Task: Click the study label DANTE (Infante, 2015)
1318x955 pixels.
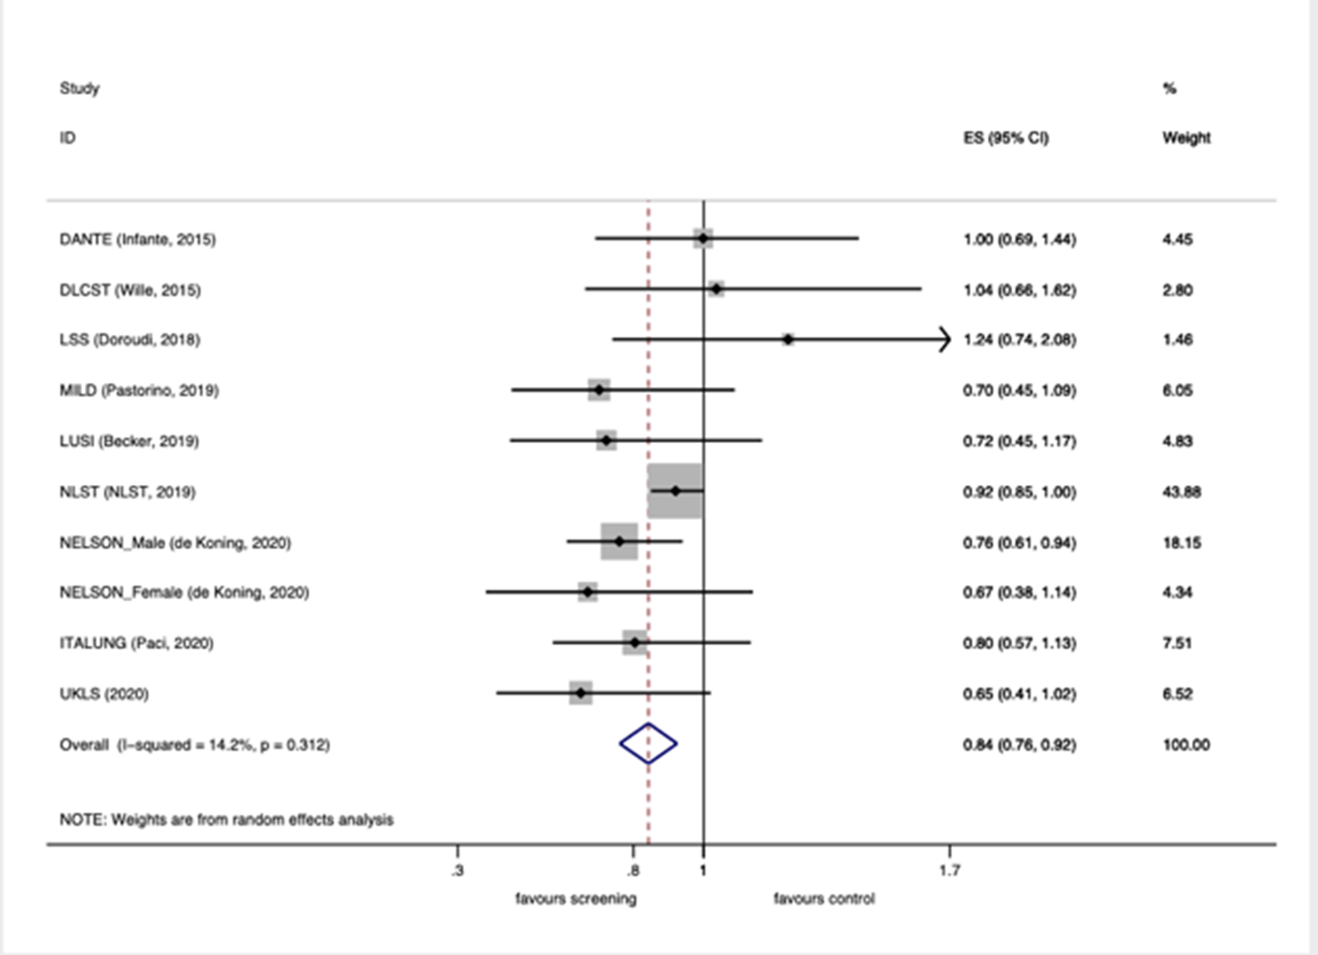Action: pos(138,239)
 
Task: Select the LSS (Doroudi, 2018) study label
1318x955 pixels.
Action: pos(130,340)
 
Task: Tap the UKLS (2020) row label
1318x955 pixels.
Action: pos(104,694)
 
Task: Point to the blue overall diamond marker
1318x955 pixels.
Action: pos(649,743)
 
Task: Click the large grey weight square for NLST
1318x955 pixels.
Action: pos(675,491)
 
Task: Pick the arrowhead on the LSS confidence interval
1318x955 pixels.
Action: pos(943,340)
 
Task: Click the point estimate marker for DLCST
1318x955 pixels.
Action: pos(716,289)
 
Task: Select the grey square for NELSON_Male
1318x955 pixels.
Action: pos(620,542)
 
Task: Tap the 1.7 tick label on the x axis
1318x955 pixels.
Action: pos(949,871)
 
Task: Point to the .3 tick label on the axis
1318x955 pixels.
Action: pos(457,871)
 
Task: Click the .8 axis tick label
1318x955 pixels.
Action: pos(632,871)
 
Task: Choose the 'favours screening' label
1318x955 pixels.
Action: pos(576,899)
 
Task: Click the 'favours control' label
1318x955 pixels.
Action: pos(824,899)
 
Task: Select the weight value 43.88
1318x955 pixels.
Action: pos(1181,492)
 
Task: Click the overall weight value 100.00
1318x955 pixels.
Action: pos(1186,744)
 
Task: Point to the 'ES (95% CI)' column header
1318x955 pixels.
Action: pos(1006,138)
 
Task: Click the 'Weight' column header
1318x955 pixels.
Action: pos(1186,138)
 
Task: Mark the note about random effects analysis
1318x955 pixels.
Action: pos(226,819)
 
